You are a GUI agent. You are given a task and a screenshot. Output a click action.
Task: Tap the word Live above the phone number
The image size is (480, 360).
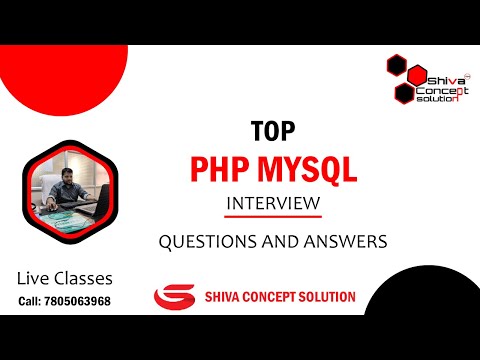(36, 278)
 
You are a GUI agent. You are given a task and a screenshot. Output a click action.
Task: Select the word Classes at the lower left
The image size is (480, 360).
(86, 278)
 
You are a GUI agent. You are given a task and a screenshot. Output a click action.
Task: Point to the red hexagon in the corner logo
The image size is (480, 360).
(416, 76)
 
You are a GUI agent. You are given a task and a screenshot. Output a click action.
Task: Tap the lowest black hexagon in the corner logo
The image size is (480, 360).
(404, 93)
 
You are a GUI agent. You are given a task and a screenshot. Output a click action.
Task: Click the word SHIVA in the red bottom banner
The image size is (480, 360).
(223, 297)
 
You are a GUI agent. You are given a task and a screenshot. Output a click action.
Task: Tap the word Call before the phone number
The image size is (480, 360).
(31, 301)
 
